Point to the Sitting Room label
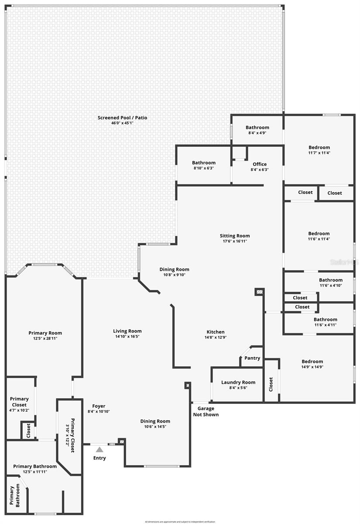[x=235, y=236]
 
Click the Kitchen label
[x=216, y=332]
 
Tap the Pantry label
[x=252, y=358]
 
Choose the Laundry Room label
[x=238, y=383]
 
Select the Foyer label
[x=99, y=406]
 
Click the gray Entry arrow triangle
[x=99, y=449]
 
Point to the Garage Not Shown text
[x=206, y=411]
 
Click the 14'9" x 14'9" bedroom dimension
[x=312, y=367]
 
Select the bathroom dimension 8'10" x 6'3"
[x=204, y=168]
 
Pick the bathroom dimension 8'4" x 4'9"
[x=257, y=133]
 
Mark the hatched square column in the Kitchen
[x=259, y=291]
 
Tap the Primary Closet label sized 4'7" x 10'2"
[x=20, y=399]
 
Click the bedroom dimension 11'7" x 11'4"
[x=319, y=153]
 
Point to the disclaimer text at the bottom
[x=180, y=521]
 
